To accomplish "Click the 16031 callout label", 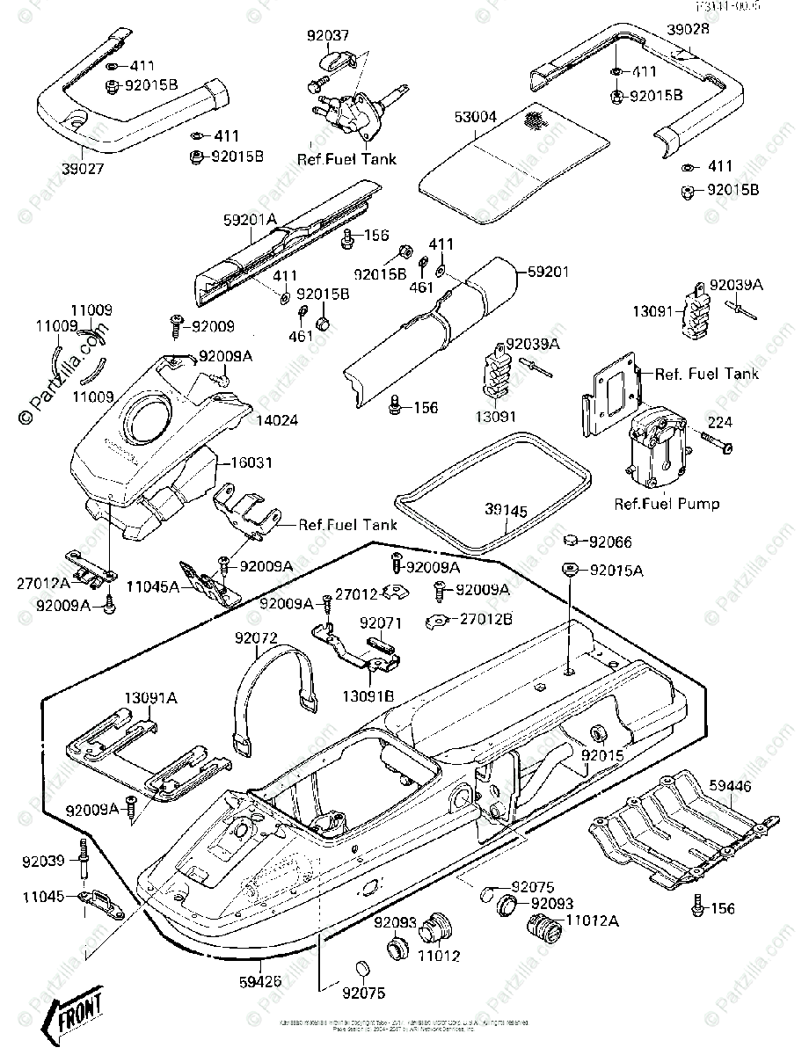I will [x=249, y=459].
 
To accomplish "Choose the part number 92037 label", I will [x=328, y=36].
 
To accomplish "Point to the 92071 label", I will [x=381, y=622].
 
